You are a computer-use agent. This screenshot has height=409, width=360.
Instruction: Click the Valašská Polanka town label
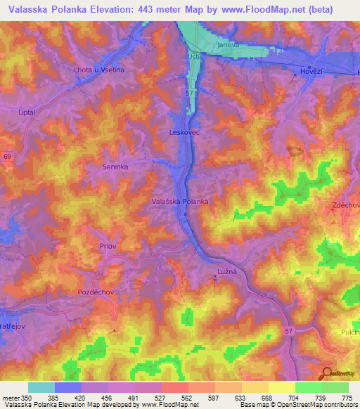(180, 201)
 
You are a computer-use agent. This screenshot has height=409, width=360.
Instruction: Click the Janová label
(229, 44)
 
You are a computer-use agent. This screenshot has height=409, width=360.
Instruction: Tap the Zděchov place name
(346, 204)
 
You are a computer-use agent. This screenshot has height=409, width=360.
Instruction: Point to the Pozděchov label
(96, 290)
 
